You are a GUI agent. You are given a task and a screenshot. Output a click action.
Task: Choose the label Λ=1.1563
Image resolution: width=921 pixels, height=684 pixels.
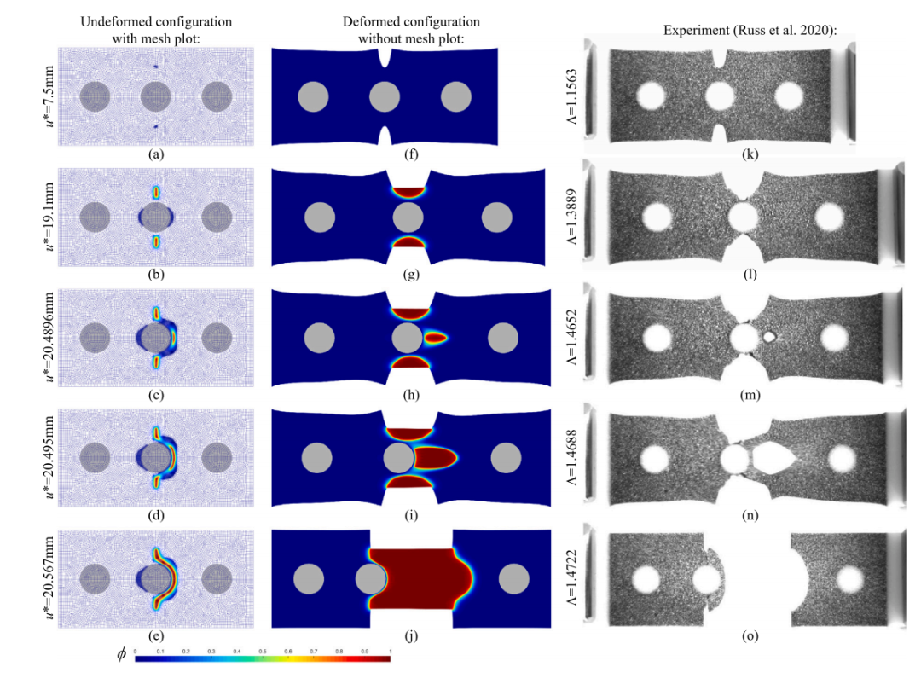(572, 97)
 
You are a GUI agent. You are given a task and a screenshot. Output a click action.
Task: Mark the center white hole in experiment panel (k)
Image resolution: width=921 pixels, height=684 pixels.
(720, 96)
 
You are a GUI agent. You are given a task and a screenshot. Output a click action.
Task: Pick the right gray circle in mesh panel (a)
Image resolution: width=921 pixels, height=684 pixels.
(217, 97)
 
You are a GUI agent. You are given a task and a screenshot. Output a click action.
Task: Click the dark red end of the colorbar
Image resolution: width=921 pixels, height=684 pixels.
(386, 658)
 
